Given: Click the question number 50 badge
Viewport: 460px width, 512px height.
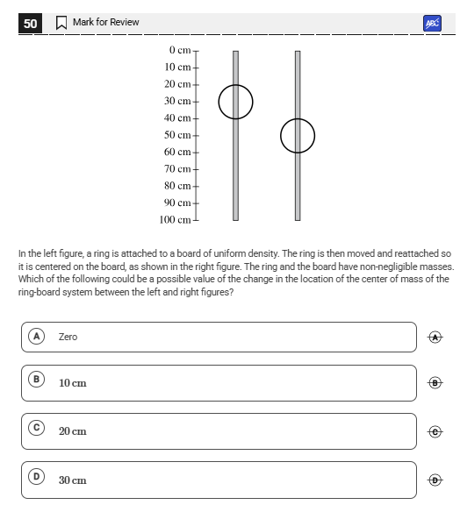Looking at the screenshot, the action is tap(30, 23).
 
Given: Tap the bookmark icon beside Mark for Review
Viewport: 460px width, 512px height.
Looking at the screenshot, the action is tap(61, 23).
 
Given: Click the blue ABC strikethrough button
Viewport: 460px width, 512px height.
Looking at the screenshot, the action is tap(432, 23).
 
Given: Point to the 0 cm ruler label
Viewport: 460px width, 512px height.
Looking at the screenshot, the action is tap(180, 50).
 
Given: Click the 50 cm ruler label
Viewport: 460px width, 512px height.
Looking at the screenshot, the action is tap(177, 135).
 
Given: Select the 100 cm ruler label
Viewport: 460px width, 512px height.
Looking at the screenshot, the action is tap(175, 220).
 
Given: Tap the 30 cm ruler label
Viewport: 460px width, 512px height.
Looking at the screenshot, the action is tap(177, 101).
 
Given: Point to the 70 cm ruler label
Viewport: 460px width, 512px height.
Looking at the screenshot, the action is tap(177, 169).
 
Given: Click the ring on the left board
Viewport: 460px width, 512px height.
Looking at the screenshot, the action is tap(219, 102).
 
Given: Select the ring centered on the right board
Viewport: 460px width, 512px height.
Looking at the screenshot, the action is tap(281, 136).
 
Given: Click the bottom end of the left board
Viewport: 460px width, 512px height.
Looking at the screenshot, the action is tap(236, 220).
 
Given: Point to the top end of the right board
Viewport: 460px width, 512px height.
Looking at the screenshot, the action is tap(298, 51).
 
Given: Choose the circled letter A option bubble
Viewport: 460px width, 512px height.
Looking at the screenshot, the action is tap(37, 337).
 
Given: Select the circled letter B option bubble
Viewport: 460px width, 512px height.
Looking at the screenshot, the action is tap(37, 380).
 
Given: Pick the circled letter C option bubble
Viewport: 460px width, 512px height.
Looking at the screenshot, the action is tap(37, 428).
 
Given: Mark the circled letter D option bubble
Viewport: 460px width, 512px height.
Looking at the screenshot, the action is tap(37, 477).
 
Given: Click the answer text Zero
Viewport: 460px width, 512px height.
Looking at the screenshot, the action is tap(68, 337).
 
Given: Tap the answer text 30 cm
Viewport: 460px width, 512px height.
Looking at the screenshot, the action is tap(73, 480).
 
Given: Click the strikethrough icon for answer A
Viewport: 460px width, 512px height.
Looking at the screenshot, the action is tap(435, 338).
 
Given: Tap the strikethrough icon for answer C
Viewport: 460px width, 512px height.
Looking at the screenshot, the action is tap(435, 432).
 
